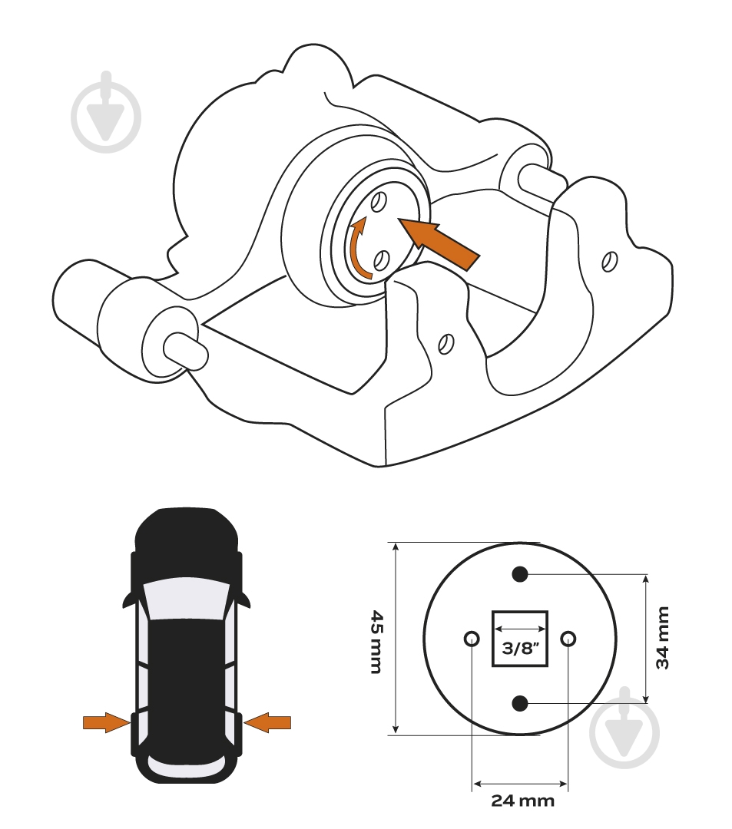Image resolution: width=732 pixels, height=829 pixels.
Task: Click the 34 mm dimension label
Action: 663,638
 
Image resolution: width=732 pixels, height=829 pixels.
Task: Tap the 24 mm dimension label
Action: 522,801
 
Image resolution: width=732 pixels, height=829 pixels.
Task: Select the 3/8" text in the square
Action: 520,648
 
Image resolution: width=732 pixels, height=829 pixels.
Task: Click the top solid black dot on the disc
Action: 521,573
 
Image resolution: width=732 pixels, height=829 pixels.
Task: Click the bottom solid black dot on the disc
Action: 521,703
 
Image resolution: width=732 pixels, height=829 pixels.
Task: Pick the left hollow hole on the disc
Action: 472,639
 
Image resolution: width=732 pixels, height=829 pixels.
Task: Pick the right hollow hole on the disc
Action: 568,639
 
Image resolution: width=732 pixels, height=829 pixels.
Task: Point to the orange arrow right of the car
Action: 267,722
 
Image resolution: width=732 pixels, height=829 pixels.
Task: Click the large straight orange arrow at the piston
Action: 439,244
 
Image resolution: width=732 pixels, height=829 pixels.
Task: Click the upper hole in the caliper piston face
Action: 378,201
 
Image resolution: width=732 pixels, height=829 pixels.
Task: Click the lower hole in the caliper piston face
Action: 381,260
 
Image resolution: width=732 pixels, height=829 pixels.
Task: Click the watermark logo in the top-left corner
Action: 106,112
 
